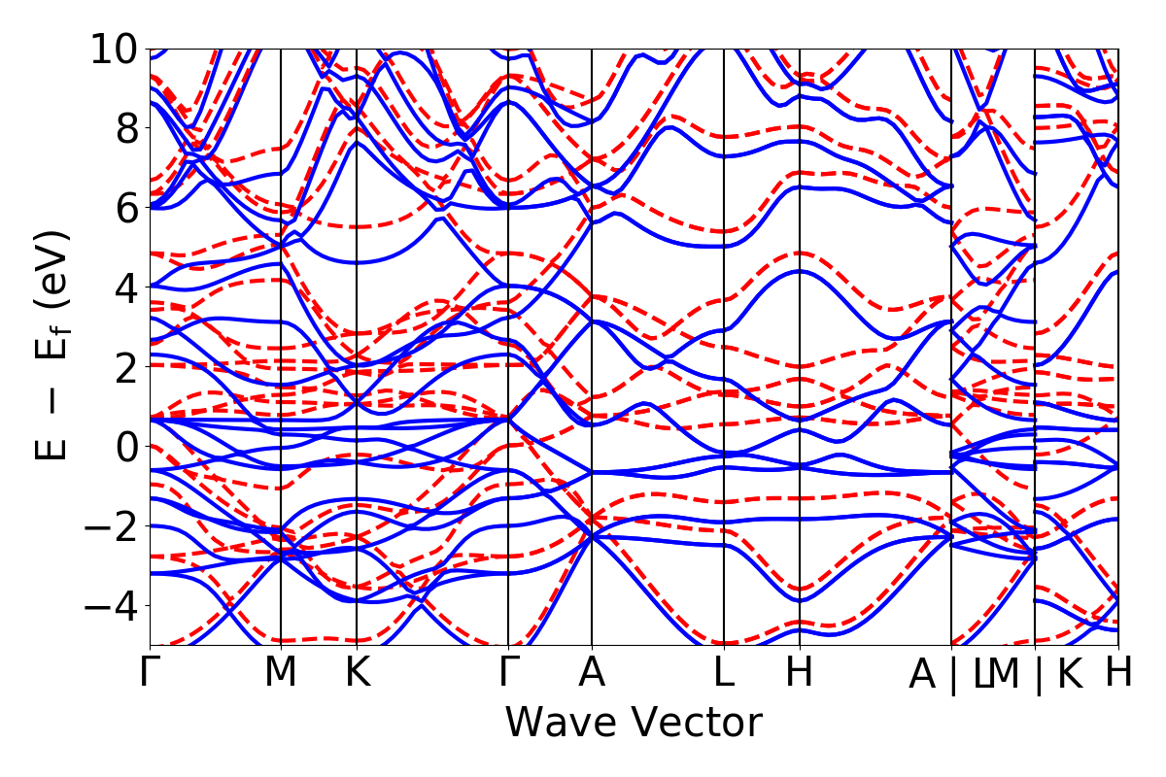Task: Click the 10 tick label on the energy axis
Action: pos(116,49)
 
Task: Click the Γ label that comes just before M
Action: pos(150,673)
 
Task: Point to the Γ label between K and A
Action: pos(508,673)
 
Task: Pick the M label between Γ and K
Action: pos(281,673)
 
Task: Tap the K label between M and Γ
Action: pos(358,673)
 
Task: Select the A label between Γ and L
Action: pos(592,673)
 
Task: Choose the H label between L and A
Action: pos(800,673)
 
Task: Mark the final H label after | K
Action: pos(1118,673)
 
